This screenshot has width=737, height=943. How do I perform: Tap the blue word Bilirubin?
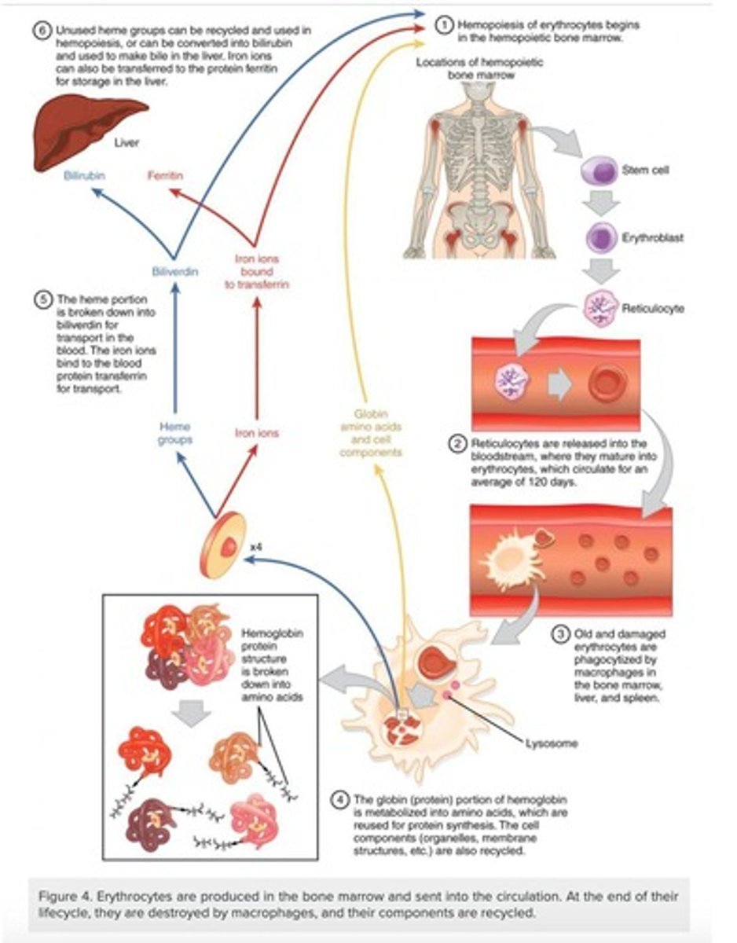(x=85, y=175)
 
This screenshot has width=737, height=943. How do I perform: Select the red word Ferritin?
(x=165, y=175)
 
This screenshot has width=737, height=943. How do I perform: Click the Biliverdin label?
(x=174, y=271)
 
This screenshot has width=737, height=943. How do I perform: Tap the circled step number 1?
(x=444, y=25)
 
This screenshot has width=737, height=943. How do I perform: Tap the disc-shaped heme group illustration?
(x=220, y=545)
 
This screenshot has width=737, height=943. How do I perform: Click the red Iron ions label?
(x=257, y=432)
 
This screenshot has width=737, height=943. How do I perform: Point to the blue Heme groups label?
(x=174, y=432)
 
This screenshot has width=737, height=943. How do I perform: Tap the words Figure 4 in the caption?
(x=65, y=897)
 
